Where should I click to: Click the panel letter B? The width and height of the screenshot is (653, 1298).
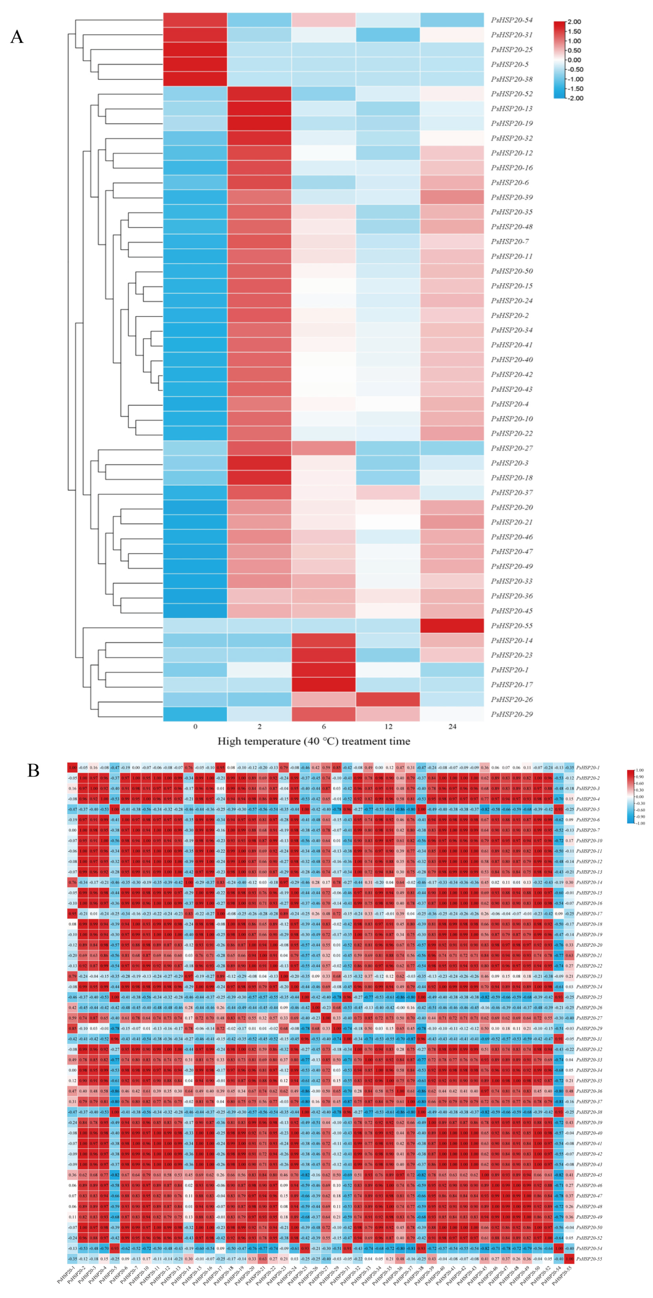33,770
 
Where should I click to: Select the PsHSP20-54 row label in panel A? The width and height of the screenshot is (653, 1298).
511,20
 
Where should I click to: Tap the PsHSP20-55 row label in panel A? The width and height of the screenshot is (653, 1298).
511,625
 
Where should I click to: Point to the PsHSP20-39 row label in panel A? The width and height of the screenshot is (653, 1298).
511,197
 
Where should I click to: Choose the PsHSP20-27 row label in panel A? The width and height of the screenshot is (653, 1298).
511,448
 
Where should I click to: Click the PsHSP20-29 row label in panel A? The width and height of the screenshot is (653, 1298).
511,714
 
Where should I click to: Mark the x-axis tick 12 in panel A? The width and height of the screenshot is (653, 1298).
388,726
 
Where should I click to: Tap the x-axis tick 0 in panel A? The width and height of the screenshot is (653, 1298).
195,726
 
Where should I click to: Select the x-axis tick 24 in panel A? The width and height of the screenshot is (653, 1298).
452,726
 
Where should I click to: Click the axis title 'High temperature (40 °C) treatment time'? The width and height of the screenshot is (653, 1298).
313,741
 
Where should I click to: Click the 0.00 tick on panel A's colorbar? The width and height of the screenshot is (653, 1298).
574,60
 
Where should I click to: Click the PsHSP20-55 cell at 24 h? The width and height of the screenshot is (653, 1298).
452,625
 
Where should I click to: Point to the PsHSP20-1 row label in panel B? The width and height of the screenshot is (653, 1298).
588,768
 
